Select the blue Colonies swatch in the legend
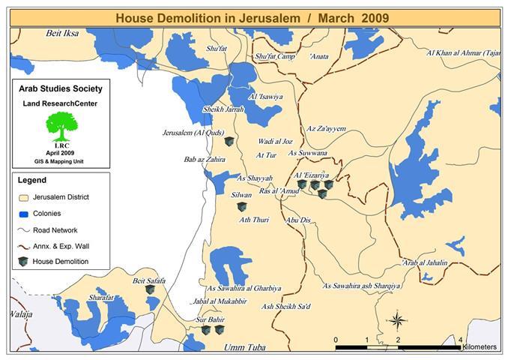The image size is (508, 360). [24, 214]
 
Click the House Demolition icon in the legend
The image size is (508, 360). [24, 262]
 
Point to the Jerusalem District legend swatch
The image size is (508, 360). [24, 197]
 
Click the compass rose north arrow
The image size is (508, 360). [396, 320]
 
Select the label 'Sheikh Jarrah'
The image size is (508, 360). [223, 109]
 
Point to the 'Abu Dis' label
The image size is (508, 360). [298, 220]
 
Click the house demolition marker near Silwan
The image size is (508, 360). [241, 206]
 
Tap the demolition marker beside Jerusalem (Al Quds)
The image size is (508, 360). [229, 141]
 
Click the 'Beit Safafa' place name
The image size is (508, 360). [148, 281]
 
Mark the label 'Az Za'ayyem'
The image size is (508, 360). [326, 129]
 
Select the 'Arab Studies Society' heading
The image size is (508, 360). [60, 89]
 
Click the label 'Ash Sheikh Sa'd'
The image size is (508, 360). [286, 306]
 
